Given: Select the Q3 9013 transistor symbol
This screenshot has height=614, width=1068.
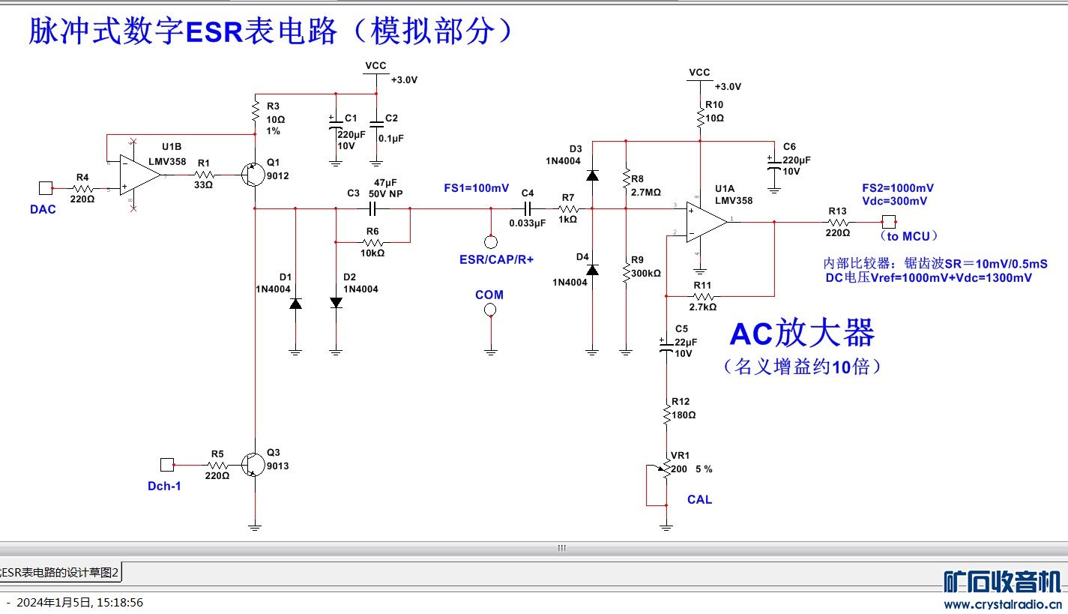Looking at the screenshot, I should [x=252, y=465].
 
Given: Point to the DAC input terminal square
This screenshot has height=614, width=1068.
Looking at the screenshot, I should [x=44, y=188].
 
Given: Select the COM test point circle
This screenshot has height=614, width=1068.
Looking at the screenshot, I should [x=490, y=310].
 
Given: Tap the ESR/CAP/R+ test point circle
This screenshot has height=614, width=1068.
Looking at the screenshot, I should [x=490, y=241].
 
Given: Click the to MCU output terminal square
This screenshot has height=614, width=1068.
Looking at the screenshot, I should [x=888, y=222].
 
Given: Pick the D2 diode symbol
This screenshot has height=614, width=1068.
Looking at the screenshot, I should [x=336, y=302].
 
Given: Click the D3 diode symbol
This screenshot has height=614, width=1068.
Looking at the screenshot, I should [x=592, y=175].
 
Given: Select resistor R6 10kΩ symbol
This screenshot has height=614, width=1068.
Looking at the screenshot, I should [x=372, y=242].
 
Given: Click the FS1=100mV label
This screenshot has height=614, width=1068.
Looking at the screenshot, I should [x=476, y=187].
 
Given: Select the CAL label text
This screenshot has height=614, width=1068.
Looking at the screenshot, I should [x=699, y=499].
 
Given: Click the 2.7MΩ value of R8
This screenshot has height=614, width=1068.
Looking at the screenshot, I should [x=646, y=193].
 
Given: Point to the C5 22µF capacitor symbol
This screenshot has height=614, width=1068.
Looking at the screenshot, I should [x=666, y=345].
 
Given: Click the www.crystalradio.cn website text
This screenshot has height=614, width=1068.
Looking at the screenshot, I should [x=1002, y=604].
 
